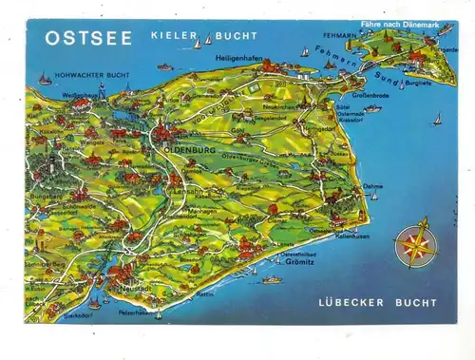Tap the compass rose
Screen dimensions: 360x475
415,242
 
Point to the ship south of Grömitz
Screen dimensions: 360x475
274,280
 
